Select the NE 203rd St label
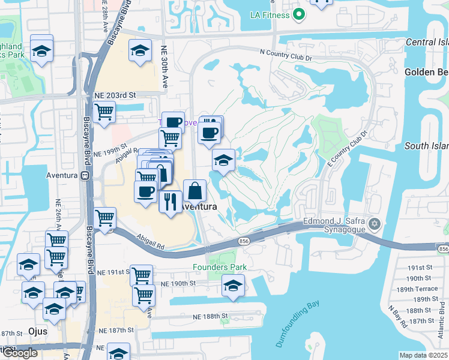[x=115, y=95]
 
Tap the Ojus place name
[x=38, y=331]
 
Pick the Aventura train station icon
[x=85, y=175]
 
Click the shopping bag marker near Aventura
[x=195, y=191]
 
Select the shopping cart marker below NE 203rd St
[x=104, y=112]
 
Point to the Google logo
[x=20, y=353]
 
